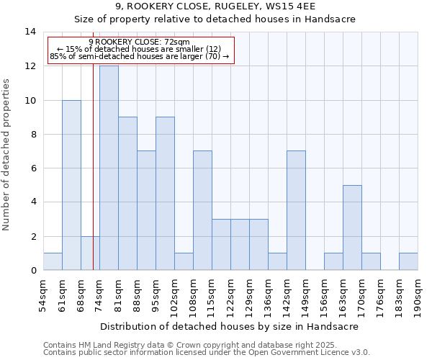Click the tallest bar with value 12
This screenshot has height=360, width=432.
coord(109,168)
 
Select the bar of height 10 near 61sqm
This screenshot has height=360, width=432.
coord(71,185)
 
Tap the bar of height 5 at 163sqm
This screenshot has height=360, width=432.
coord(352,228)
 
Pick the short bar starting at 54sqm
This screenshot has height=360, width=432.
coord(53,261)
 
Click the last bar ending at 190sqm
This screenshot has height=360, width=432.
coord(408,261)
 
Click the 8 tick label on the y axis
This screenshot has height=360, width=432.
coord(32,134)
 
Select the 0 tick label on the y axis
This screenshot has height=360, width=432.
coord(32,271)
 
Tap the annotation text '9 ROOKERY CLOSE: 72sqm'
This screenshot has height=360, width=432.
coord(139,42)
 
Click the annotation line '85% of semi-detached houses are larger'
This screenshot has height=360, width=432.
coord(139,56)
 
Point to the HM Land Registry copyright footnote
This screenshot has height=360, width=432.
coord(205,345)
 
